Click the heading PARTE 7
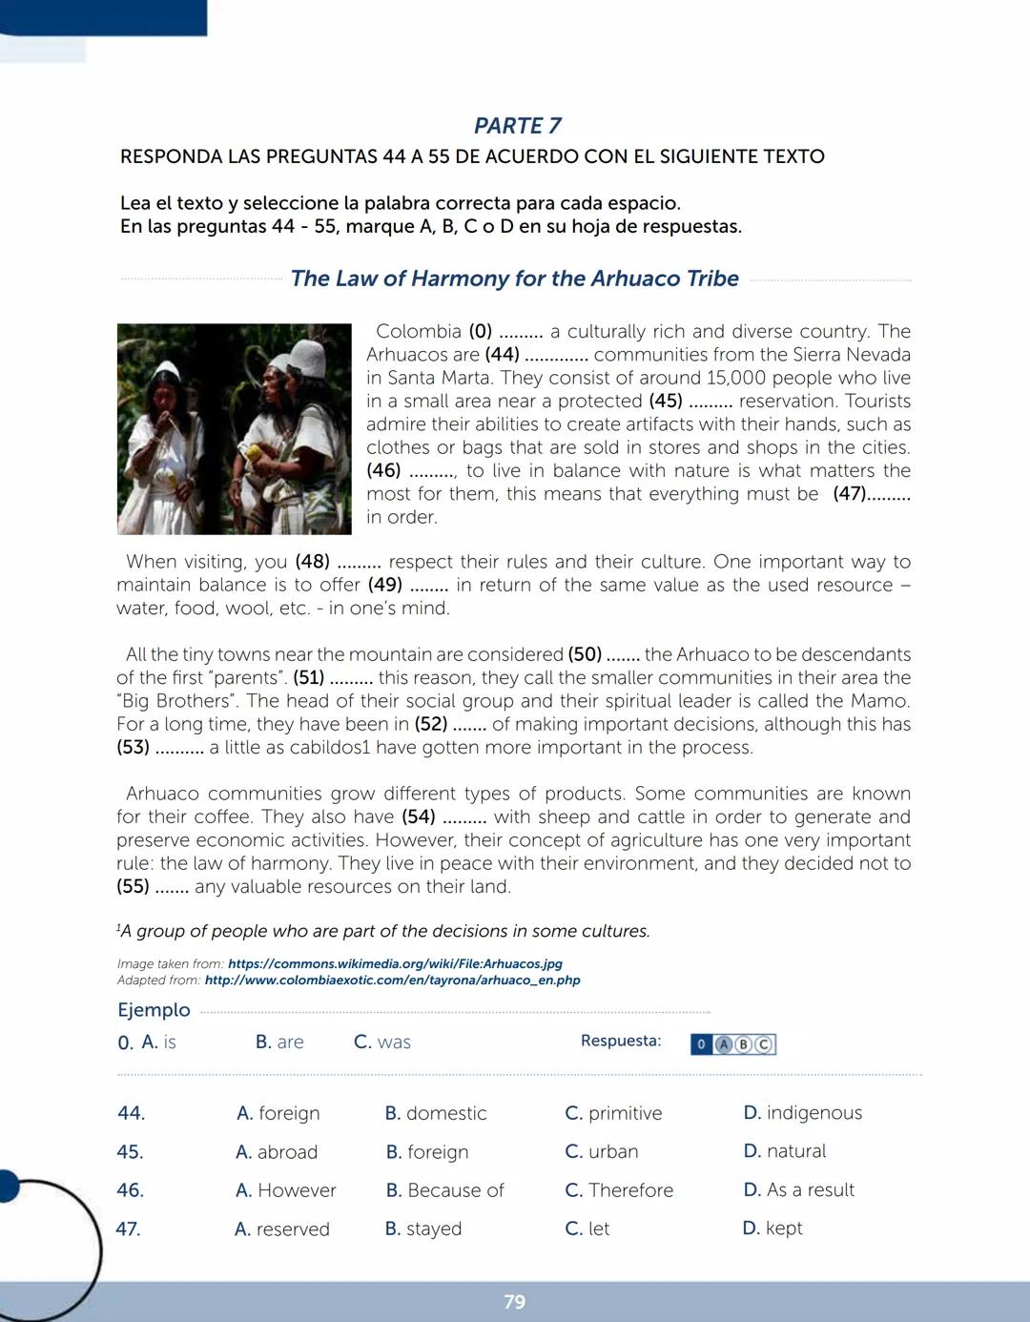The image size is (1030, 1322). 517,126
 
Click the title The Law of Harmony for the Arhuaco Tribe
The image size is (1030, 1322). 514,279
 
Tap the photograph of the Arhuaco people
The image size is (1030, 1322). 234,429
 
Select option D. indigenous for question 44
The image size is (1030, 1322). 802,1113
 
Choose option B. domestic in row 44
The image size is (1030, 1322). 436,1113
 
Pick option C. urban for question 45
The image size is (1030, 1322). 602,1151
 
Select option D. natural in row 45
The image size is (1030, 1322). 785,1151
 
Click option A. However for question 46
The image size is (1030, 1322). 286,1190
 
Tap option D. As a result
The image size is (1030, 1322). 799,1190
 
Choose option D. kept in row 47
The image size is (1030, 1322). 772,1229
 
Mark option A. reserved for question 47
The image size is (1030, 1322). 282,1229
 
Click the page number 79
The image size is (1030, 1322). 514,1302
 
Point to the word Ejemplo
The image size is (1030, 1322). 154,1010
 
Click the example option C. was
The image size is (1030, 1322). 382,1043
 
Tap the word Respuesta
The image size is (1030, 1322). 621,1041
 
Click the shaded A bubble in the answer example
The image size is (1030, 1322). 724,1044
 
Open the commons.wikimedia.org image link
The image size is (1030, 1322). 395,963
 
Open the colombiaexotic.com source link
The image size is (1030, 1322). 392,980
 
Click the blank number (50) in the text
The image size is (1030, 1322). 585,654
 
